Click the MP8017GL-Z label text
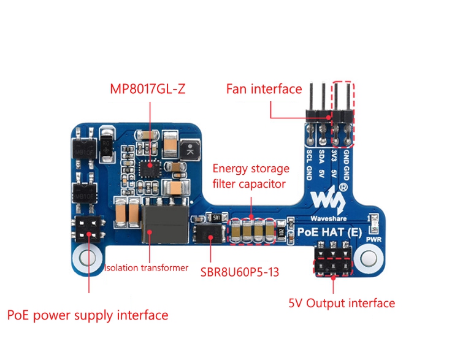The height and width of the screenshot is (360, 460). (147, 90)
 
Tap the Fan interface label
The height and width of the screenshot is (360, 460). (264, 89)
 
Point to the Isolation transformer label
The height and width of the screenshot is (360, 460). (146, 267)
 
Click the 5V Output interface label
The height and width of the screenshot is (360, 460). (342, 303)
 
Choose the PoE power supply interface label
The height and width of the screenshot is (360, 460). (88, 315)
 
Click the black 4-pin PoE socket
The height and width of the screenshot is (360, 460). (88, 229)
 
